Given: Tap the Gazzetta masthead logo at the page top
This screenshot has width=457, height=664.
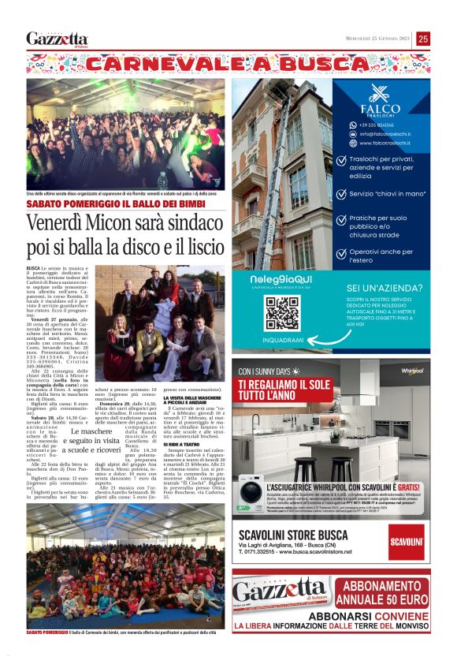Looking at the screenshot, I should click(x=58, y=39).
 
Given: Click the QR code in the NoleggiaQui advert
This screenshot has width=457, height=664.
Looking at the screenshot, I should click(x=282, y=313).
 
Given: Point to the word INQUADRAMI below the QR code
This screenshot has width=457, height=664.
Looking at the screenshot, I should click(x=283, y=340).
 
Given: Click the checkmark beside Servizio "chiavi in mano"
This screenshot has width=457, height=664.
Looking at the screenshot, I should click(x=340, y=192).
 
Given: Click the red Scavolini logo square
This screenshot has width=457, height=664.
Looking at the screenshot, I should click(x=406, y=543).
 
